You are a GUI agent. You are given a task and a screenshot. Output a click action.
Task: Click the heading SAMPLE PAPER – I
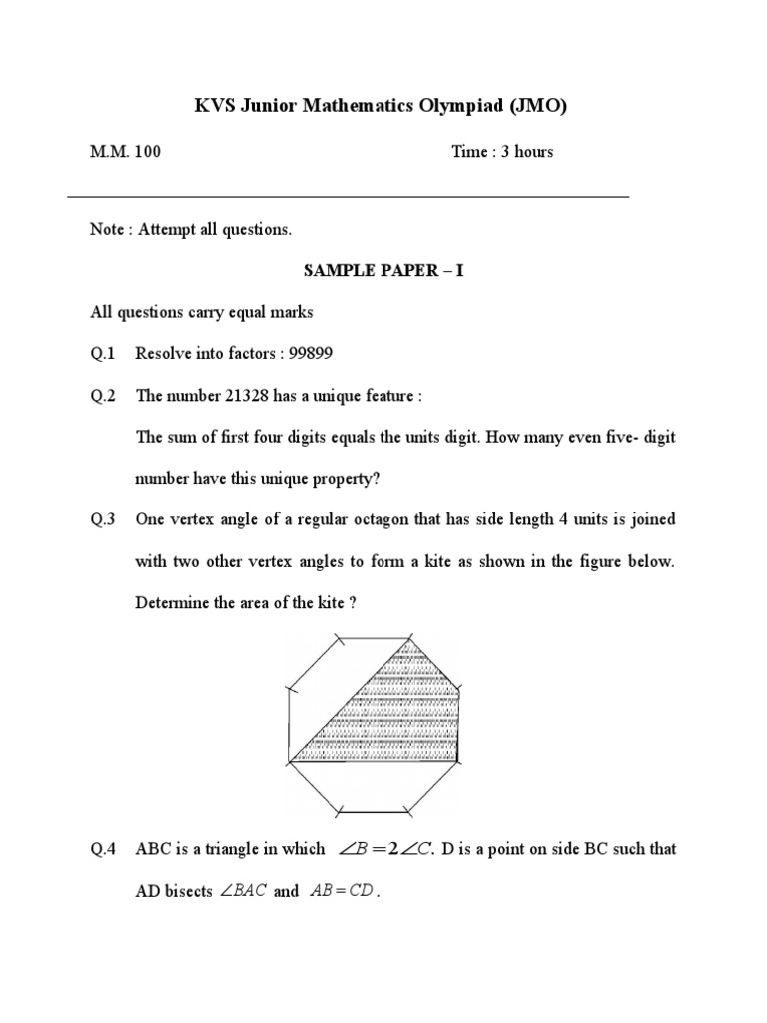pyautogui.click(x=383, y=271)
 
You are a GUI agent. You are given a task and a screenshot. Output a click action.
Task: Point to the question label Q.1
pyautogui.click(x=103, y=354)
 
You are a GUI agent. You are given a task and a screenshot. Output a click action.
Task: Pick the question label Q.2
pyautogui.click(x=103, y=396)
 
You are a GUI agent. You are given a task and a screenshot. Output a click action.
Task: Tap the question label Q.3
pyautogui.click(x=103, y=519)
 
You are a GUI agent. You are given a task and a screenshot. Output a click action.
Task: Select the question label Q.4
pyautogui.click(x=103, y=849)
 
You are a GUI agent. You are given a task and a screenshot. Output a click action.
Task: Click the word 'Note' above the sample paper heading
pyautogui.click(x=106, y=230)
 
